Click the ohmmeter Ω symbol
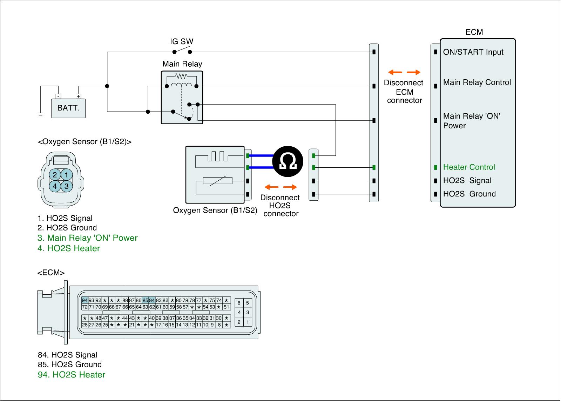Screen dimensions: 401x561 [x=288, y=161]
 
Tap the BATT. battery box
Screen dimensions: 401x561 [x=68, y=108]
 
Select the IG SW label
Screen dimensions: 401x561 [x=182, y=41]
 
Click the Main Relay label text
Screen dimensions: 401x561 [x=182, y=64]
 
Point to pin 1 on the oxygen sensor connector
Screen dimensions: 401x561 [x=67, y=175]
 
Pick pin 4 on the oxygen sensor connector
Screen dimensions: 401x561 [x=55, y=186]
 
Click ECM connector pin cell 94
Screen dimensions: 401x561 [x=85, y=300]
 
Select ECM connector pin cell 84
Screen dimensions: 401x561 [x=152, y=300]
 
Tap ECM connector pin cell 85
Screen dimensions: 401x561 [x=145, y=300]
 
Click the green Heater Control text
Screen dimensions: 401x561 [x=469, y=167]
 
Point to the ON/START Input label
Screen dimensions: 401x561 [x=473, y=52]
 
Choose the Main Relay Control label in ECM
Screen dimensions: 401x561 [x=477, y=82]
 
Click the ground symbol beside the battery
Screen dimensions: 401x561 [x=41, y=114]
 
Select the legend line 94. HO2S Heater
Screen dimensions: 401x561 [x=72, y=375]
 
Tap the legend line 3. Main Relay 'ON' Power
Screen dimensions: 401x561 [x=87, y=238]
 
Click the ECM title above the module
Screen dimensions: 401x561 [x=474, y=32]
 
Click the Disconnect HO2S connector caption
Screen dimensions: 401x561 [x=280, y=206]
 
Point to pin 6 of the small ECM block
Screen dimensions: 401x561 [x=239, y=303]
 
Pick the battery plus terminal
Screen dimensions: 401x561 [x=78, y=96]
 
